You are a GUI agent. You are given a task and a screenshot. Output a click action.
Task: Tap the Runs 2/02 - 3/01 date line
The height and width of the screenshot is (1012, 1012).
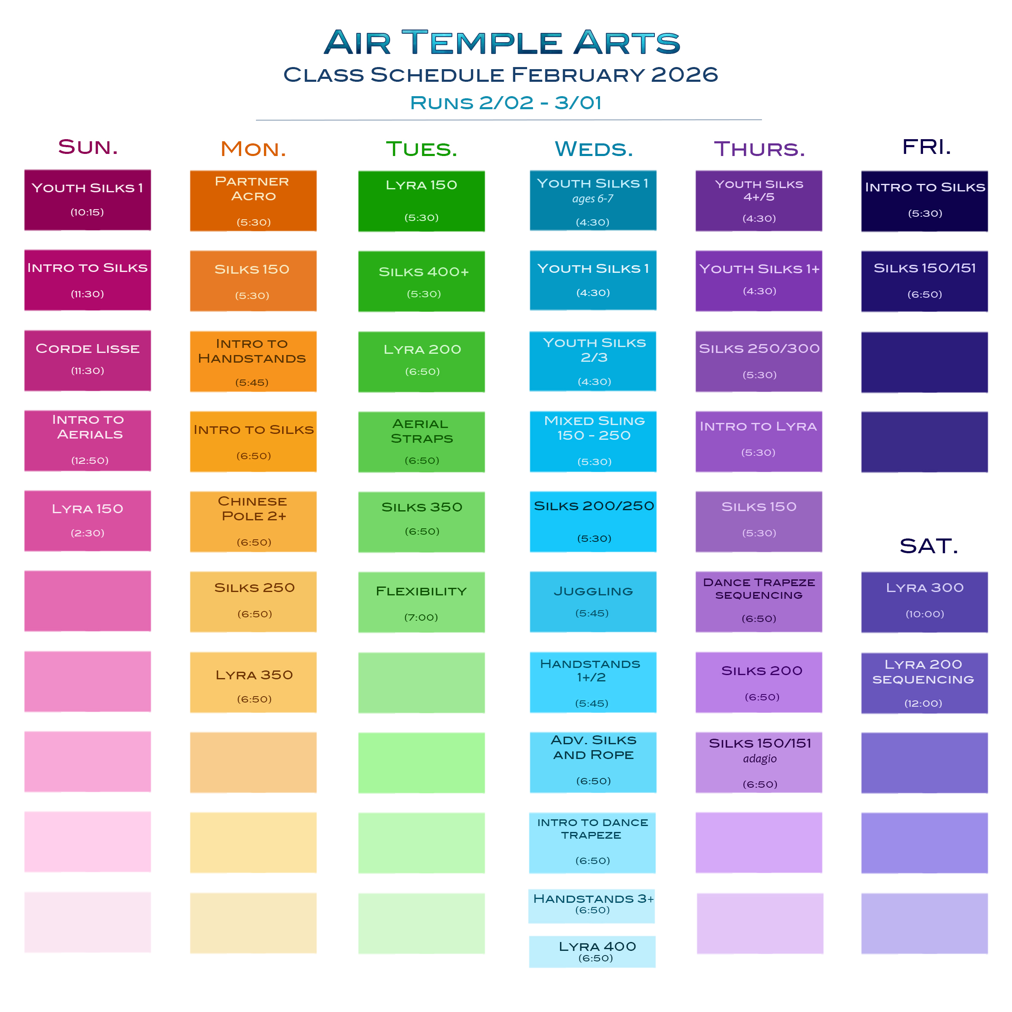[x=506, y=102]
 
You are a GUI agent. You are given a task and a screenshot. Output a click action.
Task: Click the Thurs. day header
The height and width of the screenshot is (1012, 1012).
[x=759, y=149]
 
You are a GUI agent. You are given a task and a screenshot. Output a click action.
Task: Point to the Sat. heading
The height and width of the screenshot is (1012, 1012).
[x=929, y=546]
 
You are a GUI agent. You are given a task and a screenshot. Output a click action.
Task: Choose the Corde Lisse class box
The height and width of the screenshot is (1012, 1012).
[x=87, y=361]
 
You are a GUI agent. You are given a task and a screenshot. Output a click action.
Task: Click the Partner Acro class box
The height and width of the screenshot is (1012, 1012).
[x=253, y=201]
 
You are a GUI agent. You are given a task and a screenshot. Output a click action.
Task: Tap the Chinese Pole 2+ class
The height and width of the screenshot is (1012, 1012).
[x=253, y=521]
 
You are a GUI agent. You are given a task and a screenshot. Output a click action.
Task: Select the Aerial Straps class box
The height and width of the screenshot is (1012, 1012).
[x=421, y=441]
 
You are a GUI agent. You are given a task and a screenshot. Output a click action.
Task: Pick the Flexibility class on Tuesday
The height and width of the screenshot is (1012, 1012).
[x=421, y=602]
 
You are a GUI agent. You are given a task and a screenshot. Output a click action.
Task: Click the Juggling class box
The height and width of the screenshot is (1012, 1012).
[x=593, y=601]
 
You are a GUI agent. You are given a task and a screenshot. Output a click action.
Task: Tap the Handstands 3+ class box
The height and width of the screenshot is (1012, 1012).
[x=592, y=906]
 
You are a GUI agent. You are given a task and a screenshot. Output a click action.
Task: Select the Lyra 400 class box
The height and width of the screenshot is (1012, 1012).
[x=592, y=951]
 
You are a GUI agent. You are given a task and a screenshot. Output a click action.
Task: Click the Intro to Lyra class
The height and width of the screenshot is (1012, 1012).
[x=759, y=441]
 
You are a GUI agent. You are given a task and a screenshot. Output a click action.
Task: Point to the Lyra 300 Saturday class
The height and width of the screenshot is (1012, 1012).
[x=925, y=602]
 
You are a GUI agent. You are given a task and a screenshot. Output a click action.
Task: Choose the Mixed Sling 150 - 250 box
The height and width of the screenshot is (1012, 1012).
[x=593, y=441]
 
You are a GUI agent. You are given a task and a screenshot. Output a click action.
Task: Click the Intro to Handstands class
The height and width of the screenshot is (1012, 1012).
[x=253, y=361]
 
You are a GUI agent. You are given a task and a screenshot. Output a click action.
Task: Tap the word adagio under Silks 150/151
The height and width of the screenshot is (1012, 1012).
[x=759, y=759]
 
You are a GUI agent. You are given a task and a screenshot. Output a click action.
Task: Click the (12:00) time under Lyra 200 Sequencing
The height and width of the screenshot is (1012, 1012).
[x=923, y=703]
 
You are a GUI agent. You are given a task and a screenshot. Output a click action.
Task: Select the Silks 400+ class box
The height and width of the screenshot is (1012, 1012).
[x=421, y=281]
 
